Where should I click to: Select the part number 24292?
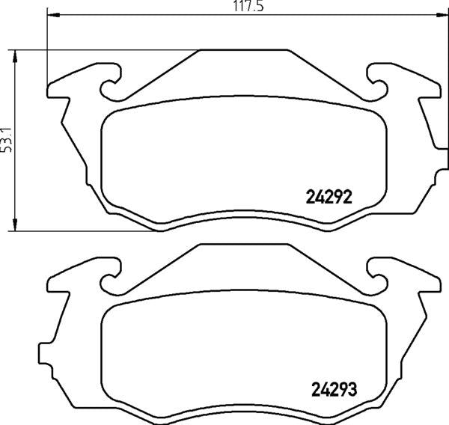coord(329,197)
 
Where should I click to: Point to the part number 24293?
coord(332,390)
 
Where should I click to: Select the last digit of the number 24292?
coord(348,197)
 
